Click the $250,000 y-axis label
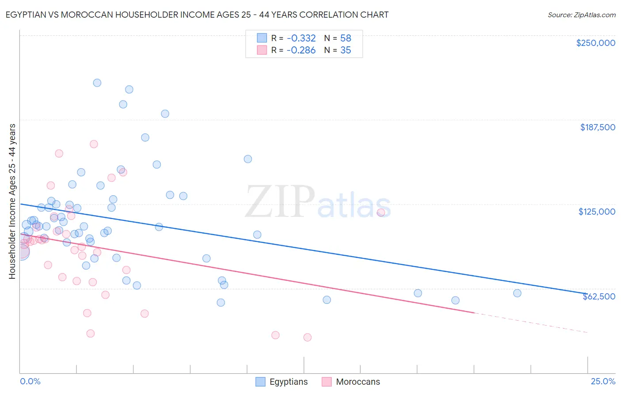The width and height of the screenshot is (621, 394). pyautogui.click(x=595, y=43)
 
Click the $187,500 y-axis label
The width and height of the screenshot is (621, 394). pyautogui.click(x=597, y=127)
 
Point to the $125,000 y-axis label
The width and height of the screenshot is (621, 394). pyautogui.click(x=597, y=212)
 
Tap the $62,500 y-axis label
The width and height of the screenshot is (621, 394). pyautogui.click(x=598, y=296)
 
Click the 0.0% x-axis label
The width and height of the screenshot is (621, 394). pyautogui.click(x=30, y=381)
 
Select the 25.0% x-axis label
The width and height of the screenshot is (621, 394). pyautogui.click(x=603, y=381)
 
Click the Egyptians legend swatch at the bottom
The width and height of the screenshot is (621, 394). pyautogui.click(x=261, y=382)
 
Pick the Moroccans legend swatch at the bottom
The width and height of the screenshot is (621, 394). pyautogui.click(x=327, y=382)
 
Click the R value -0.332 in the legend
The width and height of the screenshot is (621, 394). pyautogui.click(x=301, y=38)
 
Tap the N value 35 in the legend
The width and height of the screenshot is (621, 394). pyautogui.click(x=345, y=50)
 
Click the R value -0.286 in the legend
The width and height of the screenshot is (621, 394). pyautogui.click(x=301, y=50)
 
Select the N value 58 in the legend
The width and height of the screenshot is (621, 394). pyautogui.click(x=345, y=38)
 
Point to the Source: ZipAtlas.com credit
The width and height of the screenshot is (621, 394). pyautogui.click(x=581, y=15)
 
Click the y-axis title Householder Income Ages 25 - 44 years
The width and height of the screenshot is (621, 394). pyautogui.click(x=12, y=201)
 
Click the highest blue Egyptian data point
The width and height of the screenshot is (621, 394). pyautogui.click(x=97, y=83)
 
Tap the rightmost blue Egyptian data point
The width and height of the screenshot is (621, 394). pyautogui.click(x=517, y=293)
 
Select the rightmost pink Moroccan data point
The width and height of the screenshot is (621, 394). pyautogui.click(x=381, y=212)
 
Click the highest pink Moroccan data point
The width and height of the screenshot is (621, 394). pyautogui.click(x=94, y=144)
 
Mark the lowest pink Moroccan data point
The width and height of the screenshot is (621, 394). pyautogui.click(x=307, y=337)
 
